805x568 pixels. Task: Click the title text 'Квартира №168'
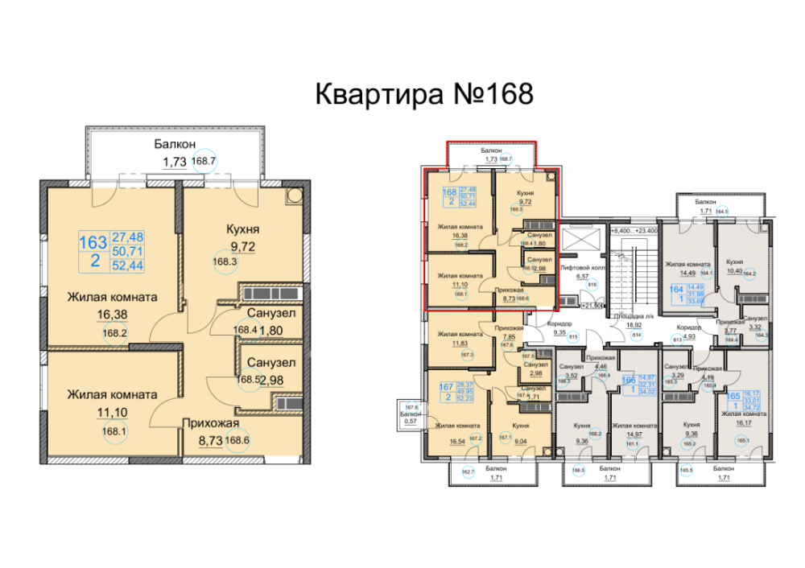tap(423, 93)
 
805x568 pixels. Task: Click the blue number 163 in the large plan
tap(93, 241)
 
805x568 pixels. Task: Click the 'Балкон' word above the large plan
tap(174, 145)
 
